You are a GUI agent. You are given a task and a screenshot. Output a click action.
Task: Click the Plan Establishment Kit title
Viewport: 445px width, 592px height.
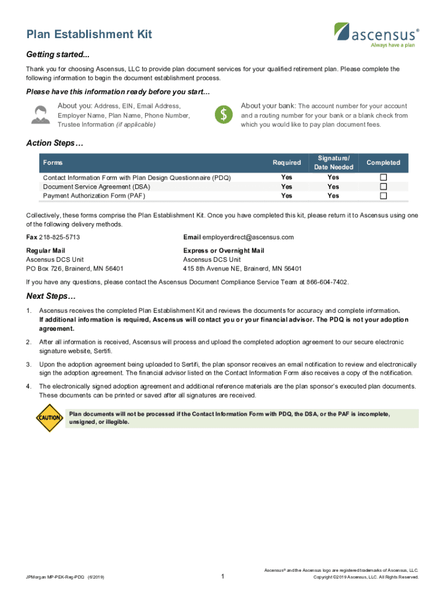89,34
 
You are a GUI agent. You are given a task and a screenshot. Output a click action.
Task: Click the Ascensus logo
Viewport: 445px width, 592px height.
376,34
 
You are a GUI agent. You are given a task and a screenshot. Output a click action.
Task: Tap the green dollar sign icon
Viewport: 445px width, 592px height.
223,115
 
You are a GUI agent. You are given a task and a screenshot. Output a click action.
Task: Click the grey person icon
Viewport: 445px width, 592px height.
40,115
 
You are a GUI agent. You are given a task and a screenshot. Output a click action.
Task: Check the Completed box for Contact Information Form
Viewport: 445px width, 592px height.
383,177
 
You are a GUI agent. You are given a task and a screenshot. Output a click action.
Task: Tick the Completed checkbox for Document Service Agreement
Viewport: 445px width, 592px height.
383,187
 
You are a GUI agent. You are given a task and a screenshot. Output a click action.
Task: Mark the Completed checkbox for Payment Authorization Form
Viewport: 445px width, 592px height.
383,196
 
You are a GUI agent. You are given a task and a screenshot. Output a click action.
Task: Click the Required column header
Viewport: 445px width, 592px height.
287,163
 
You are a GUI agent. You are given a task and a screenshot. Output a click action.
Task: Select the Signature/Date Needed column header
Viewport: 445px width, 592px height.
333,163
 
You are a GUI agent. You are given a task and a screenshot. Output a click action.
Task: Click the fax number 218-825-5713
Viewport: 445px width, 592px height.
59,238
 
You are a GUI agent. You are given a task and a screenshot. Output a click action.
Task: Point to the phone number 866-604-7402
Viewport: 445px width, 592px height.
327,282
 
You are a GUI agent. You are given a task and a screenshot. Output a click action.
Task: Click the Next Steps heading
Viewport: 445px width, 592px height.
51,297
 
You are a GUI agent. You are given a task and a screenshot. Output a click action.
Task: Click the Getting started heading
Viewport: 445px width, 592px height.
58,54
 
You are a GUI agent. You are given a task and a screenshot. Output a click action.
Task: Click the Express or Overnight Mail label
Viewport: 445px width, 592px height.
224,251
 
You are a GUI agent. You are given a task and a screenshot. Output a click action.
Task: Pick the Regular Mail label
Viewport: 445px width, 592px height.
46,251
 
